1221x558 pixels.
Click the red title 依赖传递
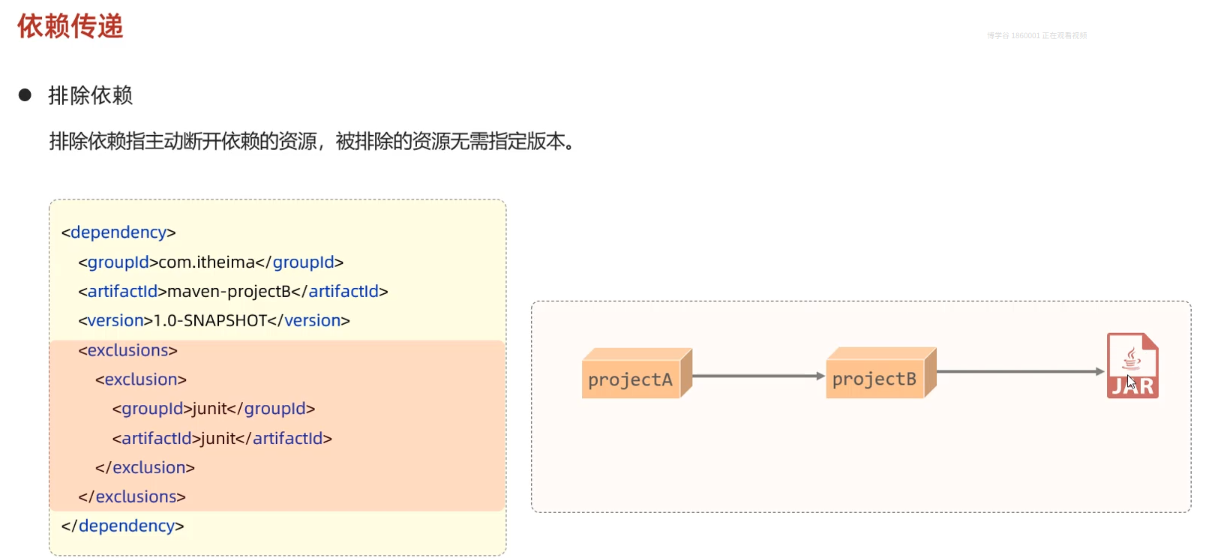tap(70, 26)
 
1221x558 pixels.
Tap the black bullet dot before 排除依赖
tap(25, 95)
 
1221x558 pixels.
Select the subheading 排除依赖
tap(91, 95)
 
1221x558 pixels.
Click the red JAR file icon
tap(1132, 366)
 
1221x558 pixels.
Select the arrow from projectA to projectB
tap(757, 376)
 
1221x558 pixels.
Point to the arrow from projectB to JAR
tap(1020, 371)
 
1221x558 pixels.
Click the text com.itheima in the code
tap(207, 262)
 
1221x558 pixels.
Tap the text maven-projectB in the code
tap(229, 292)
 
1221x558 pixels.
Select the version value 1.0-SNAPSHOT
tap(210, 321)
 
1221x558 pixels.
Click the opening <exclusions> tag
tap(127, 350)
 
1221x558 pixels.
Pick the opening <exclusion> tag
tap(141, 379)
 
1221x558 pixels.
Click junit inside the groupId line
tap(209, 409)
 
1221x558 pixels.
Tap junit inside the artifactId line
tap(218, 438)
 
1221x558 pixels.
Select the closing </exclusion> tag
tap(145, 468)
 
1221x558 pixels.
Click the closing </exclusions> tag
tap(132, 496)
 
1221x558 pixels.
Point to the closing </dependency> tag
tap(122, 526)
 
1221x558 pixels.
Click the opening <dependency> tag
tap(118, 232)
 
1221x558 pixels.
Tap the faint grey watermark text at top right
tap(1036, 35)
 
